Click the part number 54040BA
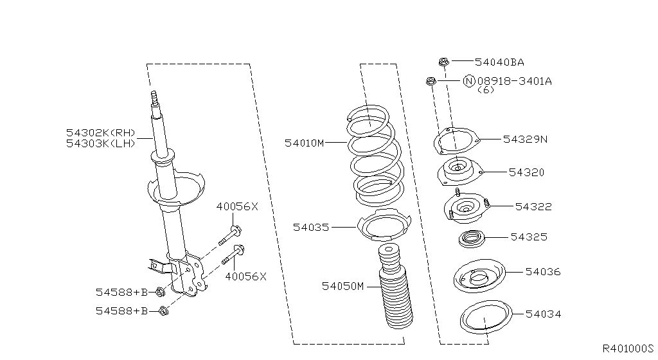pos(499,62)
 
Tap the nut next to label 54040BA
pos(443,62)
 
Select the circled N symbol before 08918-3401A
pos(469,81)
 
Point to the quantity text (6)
pos(486,90)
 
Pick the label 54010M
pos(305,143)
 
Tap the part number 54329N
pos(525,139)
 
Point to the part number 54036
pos(543,272)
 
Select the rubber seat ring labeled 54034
pos(486,318)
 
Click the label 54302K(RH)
pos(101,132)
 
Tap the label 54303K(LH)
pos(101,143)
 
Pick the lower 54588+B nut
pos(163,312)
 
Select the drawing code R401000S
pos(627,348)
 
